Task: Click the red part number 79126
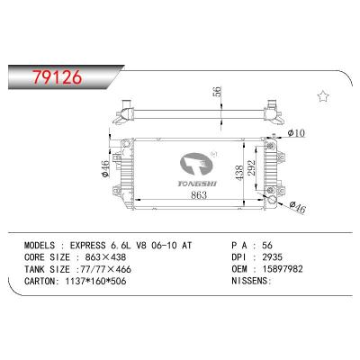click(x=57, y=77)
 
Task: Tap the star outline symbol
click(x=323, y=97)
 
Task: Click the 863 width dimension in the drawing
click(x=199, y=195)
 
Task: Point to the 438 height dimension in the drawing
click(x=239, y=173)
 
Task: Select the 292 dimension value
click(x=251, y=167)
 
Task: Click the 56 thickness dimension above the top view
click(x=217, y=91)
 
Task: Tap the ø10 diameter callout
click(x=296, y=133)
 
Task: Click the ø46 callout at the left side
click(x=105, y=169)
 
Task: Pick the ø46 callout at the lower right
click(x=297, y=208)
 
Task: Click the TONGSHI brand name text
click(x=197, y=184)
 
